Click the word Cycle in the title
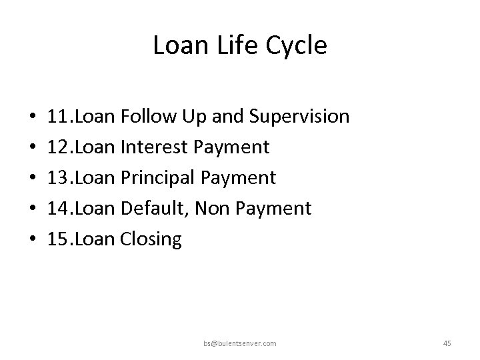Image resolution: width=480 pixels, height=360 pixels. point(297,46)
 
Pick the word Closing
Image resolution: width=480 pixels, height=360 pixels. point(151,239)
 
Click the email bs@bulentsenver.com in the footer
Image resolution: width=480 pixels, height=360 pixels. point(241,343)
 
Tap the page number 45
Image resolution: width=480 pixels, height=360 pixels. point(447,343)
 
